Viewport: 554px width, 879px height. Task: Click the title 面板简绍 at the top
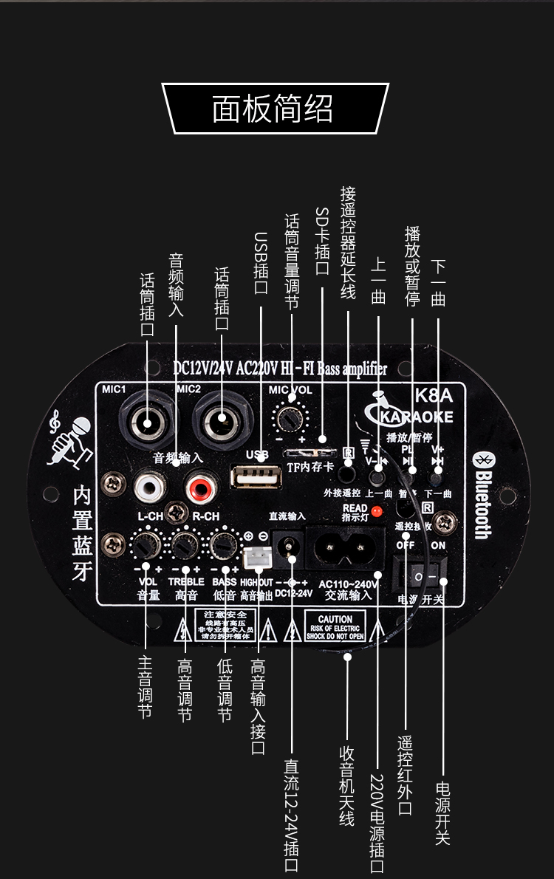pos(273,109)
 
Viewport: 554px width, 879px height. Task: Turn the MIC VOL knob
pos(290,418)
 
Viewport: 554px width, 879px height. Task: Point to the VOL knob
pos(146,546)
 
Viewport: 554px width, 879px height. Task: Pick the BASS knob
pos(222,546)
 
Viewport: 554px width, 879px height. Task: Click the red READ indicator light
pos(376,510)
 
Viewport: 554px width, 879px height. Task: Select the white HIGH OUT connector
pos(256,558)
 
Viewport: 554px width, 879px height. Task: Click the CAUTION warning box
pos(335,626)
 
